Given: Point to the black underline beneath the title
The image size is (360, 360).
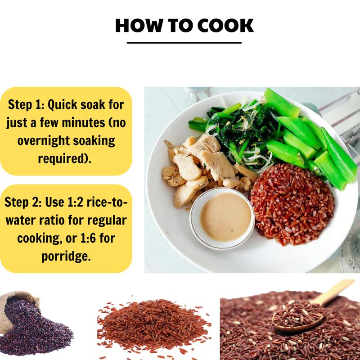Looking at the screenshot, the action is click(184, 43).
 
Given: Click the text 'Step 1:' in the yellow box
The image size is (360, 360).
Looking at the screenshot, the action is click(27, 105).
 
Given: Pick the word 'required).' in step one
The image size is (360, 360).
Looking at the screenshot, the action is click(65, 159).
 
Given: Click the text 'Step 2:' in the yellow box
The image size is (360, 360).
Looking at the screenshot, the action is click(23, 202).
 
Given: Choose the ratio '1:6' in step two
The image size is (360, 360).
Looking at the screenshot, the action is click(88, 238).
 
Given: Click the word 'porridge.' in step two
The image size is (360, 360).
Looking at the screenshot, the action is click(66, 256).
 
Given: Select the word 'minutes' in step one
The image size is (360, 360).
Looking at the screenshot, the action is click(83, 122).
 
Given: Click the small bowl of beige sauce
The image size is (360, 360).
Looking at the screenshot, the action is click(222, 218).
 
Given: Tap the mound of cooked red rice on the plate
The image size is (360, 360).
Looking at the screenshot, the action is click(292, 204).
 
